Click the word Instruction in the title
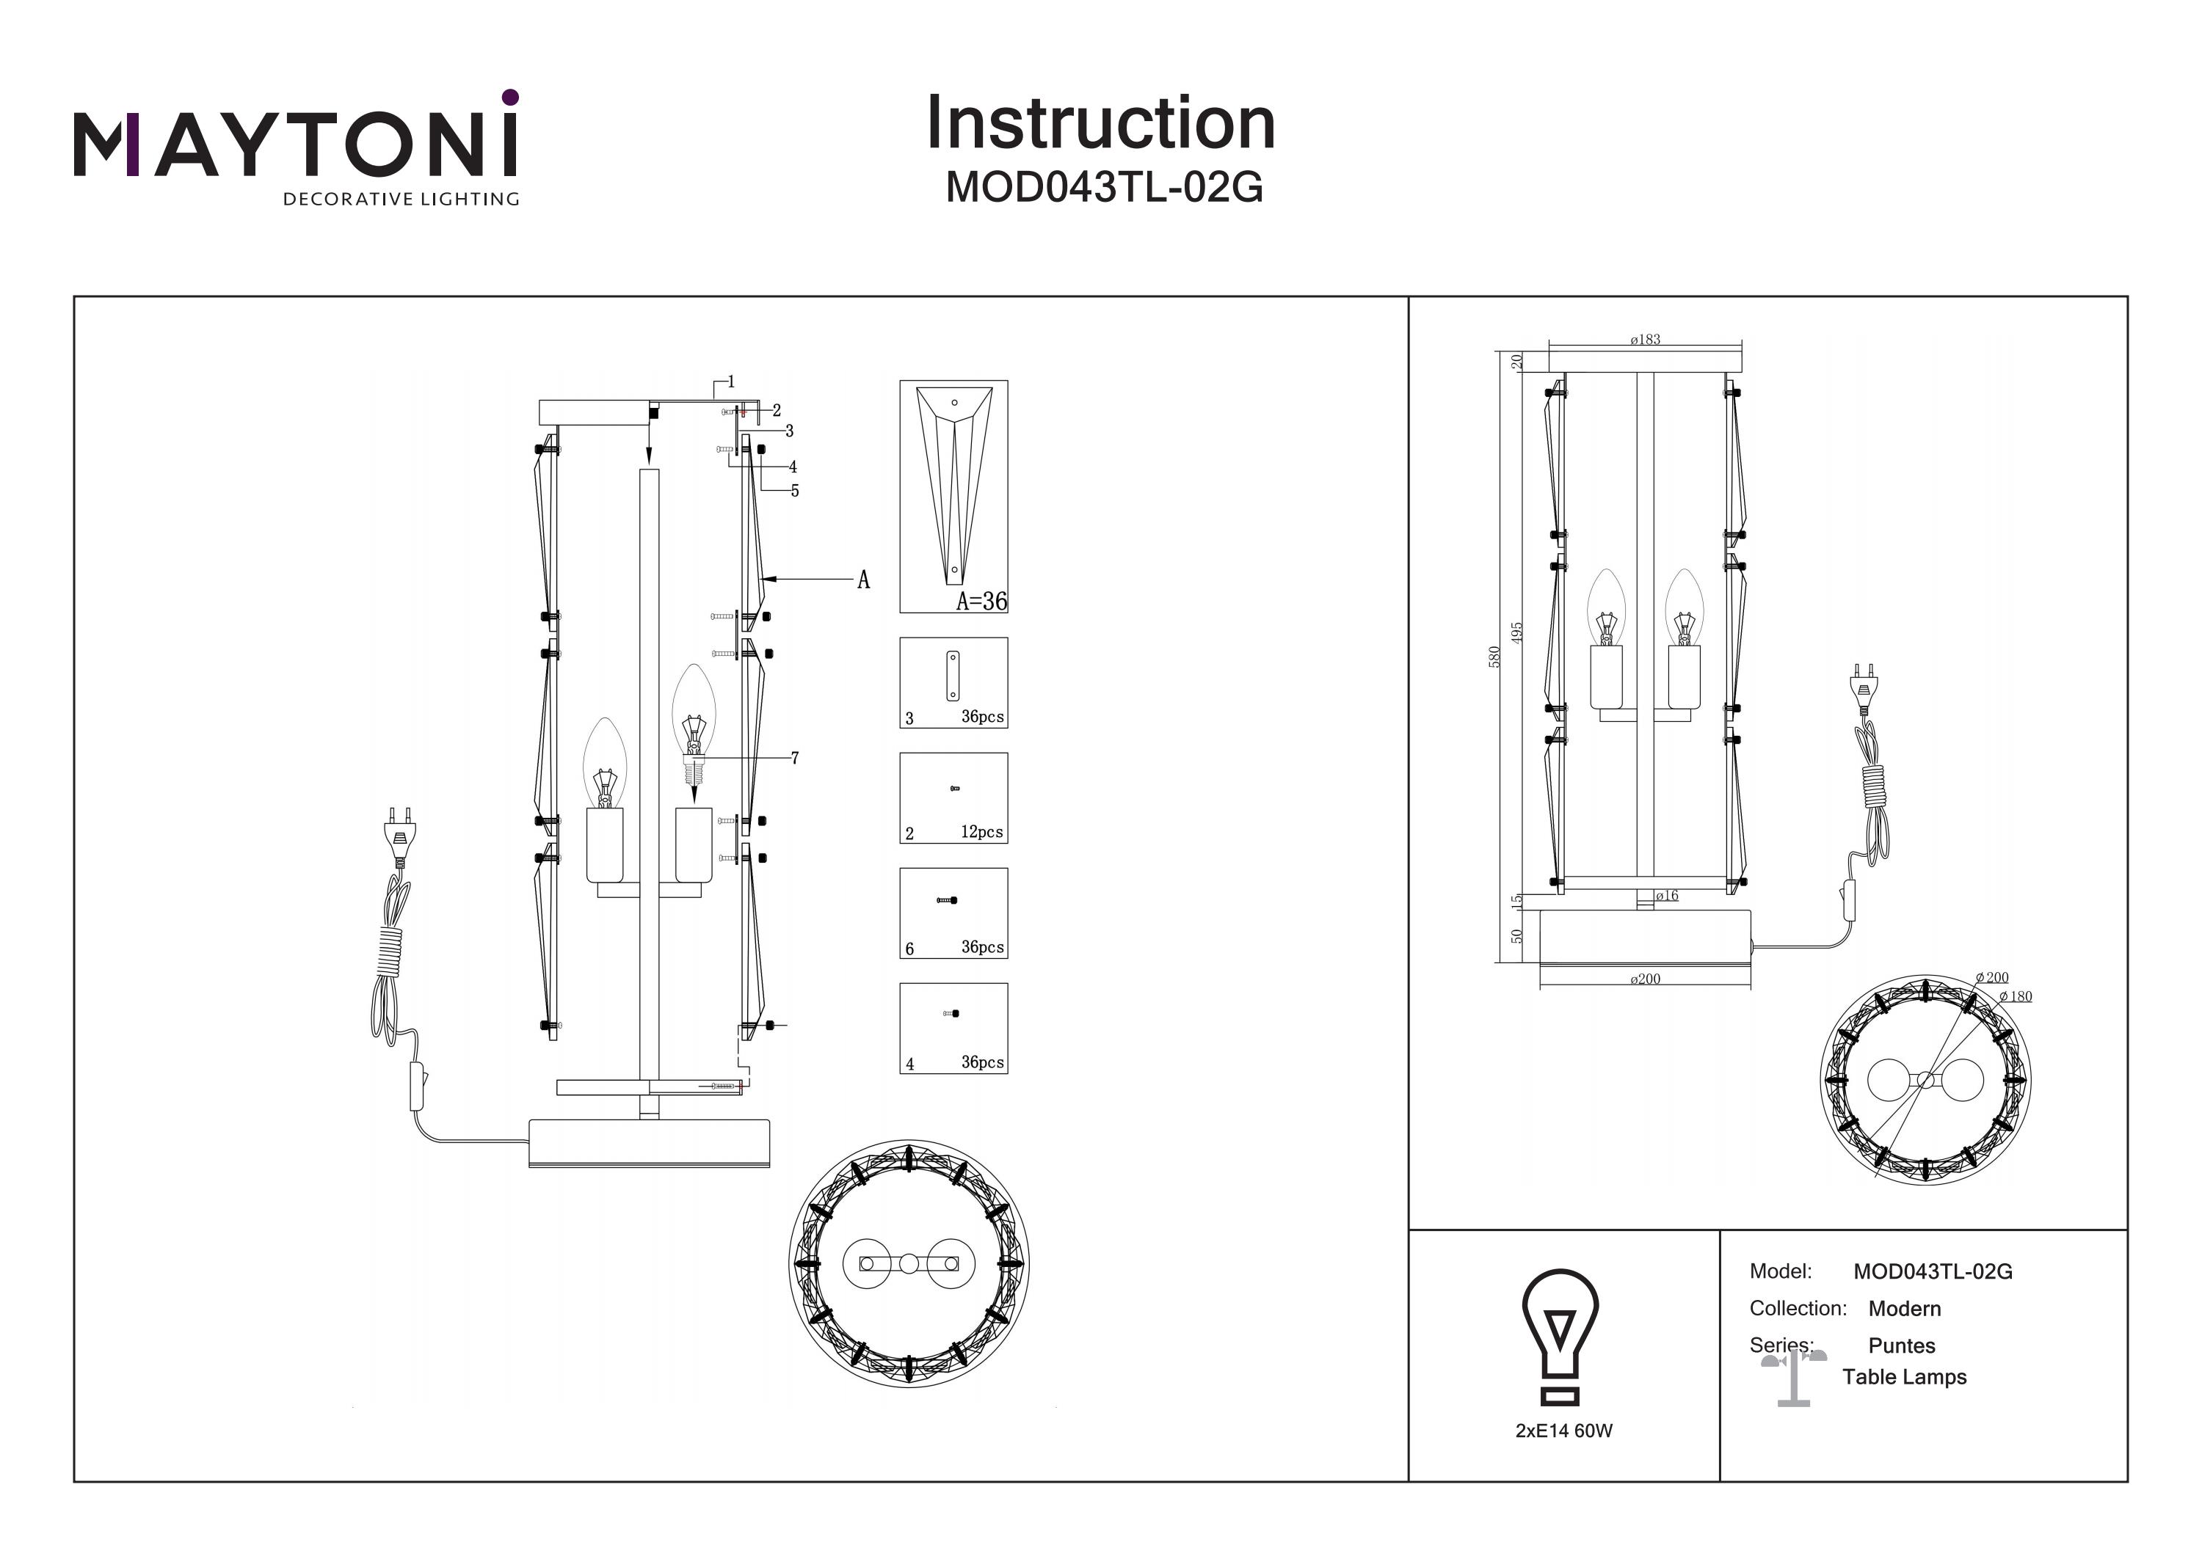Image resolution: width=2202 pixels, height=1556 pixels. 1100,124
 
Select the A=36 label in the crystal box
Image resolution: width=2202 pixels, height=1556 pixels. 981,601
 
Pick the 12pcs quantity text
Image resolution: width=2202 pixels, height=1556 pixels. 982,832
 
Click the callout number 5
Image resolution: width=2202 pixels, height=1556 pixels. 795,491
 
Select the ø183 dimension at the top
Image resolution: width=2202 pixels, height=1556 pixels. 1645,340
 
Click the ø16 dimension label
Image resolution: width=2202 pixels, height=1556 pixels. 1667,896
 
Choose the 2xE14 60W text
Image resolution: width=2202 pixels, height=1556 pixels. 1564,1431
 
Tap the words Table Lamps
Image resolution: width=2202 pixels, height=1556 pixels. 1904,1377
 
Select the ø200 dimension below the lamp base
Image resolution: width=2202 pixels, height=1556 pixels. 1645,979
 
